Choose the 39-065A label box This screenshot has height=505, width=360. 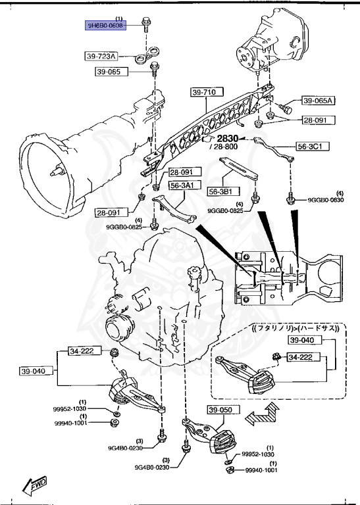pyautogui.click(x=319, y=101)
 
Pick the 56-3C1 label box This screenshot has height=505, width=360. pyautogui.click(x=313, y=146)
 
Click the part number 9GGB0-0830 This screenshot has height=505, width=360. pyautogui.click(x=326, y=200)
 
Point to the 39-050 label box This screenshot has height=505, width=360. pyautogui.click(x=222, y=411)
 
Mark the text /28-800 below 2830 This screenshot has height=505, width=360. pyautogui.click(x=226, y=147)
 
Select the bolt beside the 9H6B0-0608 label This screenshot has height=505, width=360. pyautogui.click(x=145, y=28)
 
